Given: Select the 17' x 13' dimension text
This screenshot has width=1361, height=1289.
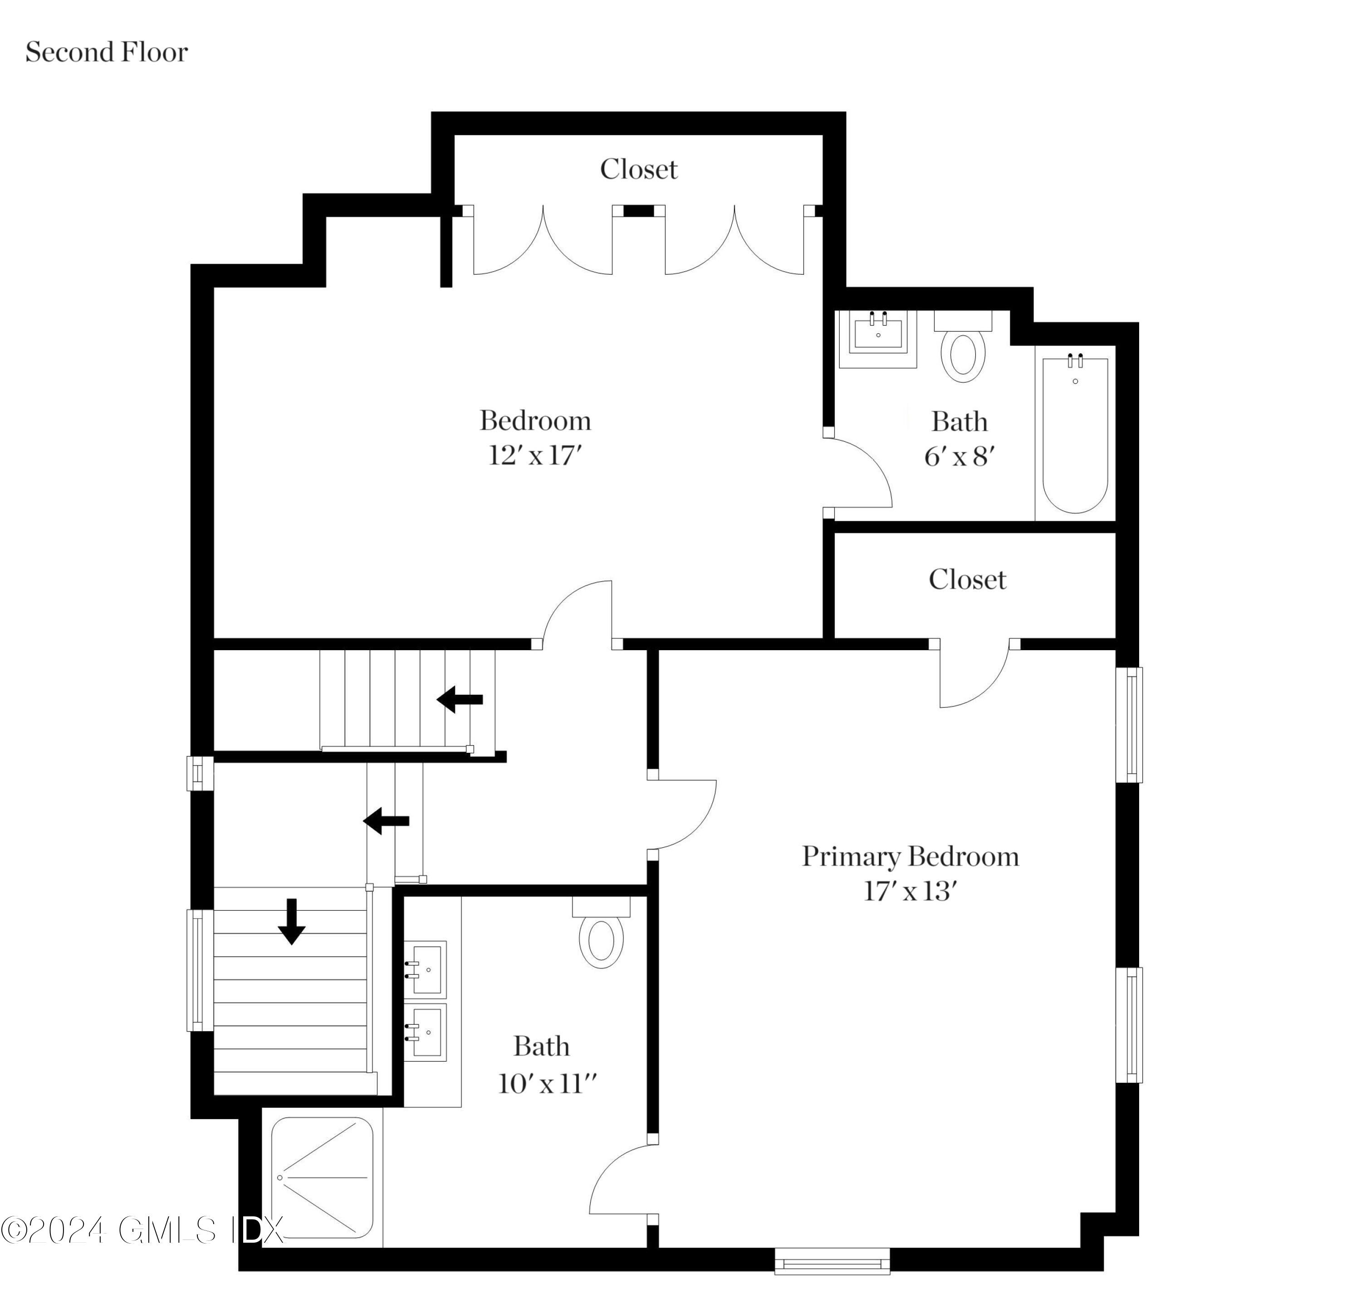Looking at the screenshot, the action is pyautogui.click(x=911, y=892).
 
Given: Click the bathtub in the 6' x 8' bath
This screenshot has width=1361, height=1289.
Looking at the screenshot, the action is pyautogui.click(x=1075, y=435).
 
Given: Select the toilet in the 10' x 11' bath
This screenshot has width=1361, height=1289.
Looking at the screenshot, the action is pyautogui.click(x=602, y=933).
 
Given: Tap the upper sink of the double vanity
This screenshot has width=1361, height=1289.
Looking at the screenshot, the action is pyautogui.click(x=425, y=969).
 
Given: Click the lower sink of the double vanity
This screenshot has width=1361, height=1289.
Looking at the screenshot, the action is pyautogui.click(x=425, y=1032).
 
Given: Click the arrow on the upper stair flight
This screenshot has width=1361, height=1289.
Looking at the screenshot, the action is pyautogui.click(x=460, y=700).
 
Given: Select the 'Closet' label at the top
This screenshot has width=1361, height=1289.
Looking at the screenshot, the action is pyautogui.click(x=639, y=169).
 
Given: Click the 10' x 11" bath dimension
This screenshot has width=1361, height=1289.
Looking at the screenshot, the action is pyautogui.click(x=547, y=1084).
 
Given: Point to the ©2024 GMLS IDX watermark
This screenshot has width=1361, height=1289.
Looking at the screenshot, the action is pyautogui.click(x=142, y=1230).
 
